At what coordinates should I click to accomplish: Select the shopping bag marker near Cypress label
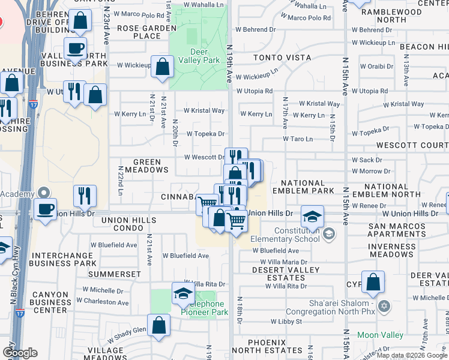[x=373, y=284]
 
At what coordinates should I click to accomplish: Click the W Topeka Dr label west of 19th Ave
[x=205, y=134]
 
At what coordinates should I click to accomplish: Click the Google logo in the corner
[x=20, y=352]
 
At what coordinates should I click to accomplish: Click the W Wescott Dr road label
[x=204, y=157]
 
